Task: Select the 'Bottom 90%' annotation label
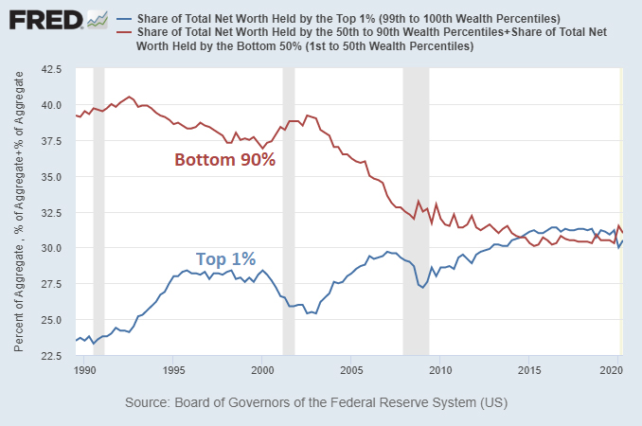(x=224, y=160)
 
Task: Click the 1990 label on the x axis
(x=85, y=369)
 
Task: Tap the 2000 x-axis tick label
(x=262, y=369)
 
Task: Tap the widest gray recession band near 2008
(x=416, y=212)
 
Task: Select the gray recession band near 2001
(x=289, y=212)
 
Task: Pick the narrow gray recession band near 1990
(x=98, y=212)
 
